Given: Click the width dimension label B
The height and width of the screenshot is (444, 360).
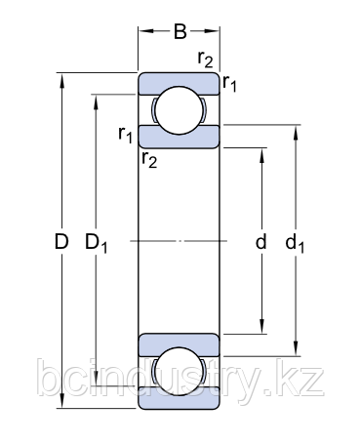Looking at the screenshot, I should coord(180,31).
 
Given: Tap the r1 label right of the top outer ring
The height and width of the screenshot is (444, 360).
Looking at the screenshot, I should coord(231,85).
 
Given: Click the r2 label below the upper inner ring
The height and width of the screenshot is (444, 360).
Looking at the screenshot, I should coord(148,159).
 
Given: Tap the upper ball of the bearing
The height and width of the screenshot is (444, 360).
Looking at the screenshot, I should coord(180,110).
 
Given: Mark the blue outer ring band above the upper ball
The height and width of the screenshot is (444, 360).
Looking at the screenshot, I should coord(180,82).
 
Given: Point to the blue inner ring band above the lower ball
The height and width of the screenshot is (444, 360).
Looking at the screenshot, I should coord(180,343).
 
